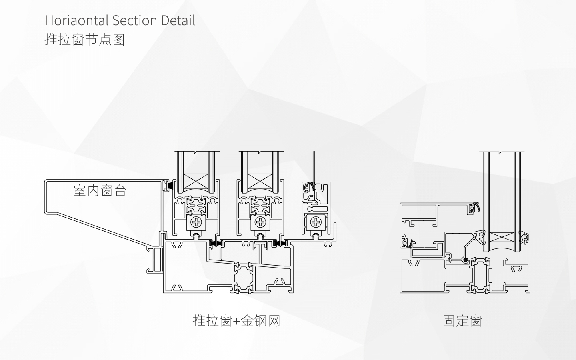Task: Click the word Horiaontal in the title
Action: [x=77, y=20]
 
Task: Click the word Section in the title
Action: [x=135, y=20]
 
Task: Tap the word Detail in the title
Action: [x=178, y=20]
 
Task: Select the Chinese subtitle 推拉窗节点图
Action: [x=85, y=40]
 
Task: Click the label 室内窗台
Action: [x=100, y=190]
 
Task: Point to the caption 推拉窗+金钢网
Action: [x=236, y=321]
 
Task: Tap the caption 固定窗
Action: [x=462, y=321]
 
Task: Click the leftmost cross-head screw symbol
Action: [x=196, y=222]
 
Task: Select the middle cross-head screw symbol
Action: [x=261, y=222]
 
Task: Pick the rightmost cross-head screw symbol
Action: [x=315, y=222]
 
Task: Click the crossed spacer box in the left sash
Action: [x=196, y=182]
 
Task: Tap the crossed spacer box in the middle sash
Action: [x=261, y=182]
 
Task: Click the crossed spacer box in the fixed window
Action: [x=499, y=237]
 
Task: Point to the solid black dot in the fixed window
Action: [x=466, y=260]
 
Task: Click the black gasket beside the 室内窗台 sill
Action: [x=169, y=186]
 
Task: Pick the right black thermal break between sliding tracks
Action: [x=280, y=243]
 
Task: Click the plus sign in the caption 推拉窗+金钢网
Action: [x=236, y=322]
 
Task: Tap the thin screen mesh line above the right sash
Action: [x=314, y=167]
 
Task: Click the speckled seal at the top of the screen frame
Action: [x=312, y=186]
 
